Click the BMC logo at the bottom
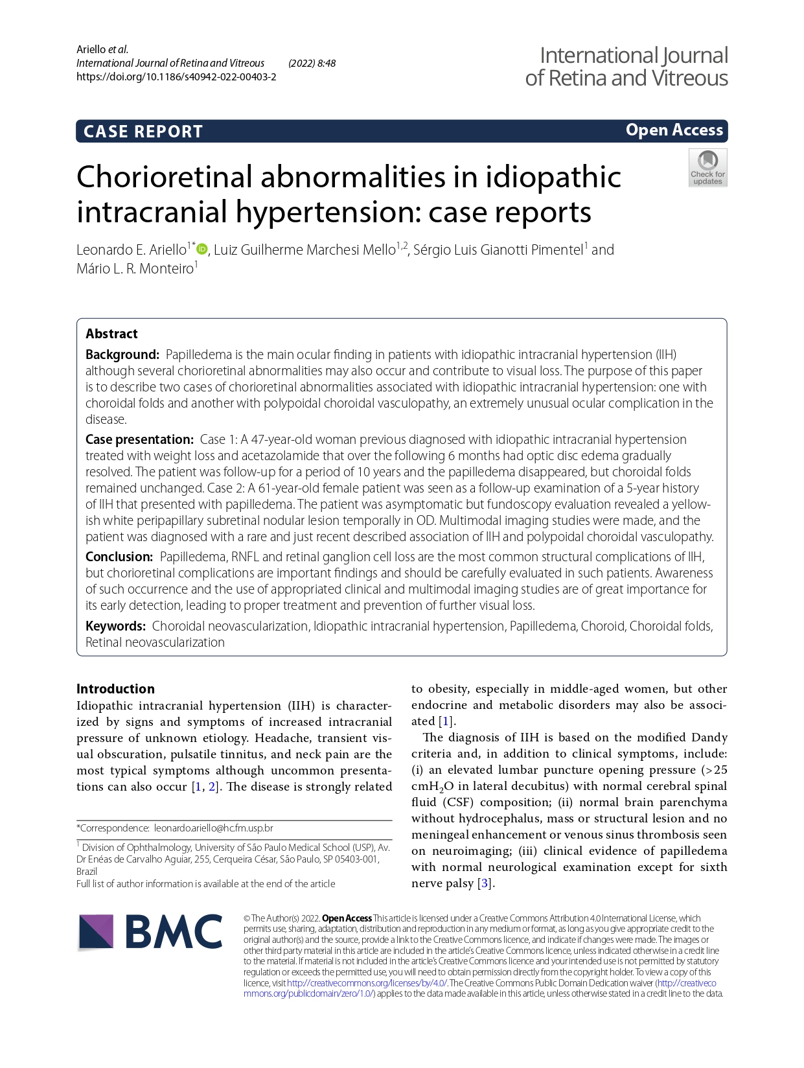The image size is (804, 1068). (x=150, y=933)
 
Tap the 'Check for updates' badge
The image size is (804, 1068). (x=707, y=168)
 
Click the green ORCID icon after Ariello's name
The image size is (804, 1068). (x=202, y=249)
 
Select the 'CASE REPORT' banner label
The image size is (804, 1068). (x=143, y=132)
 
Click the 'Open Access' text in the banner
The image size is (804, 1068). (x=674, y=130)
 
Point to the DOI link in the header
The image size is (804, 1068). (x=176, y=76)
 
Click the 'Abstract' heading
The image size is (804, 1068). (x=111, y=334)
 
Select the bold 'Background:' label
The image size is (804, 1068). (x=122, y=354)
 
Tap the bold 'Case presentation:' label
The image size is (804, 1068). (x=139, y=439)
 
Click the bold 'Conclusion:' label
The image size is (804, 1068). (x=119, y=557)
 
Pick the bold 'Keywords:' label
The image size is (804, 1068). (x=115, y=626)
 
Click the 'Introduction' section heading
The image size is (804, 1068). (x=115, y=689)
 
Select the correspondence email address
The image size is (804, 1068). (x=213, y=828)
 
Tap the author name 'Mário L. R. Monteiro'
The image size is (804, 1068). (x=135, y=269)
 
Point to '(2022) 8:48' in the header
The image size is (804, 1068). (x=312, y=63)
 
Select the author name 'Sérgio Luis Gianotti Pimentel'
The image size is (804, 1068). (x=498, y=250)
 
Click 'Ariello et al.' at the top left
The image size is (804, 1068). (x=102, y=49)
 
